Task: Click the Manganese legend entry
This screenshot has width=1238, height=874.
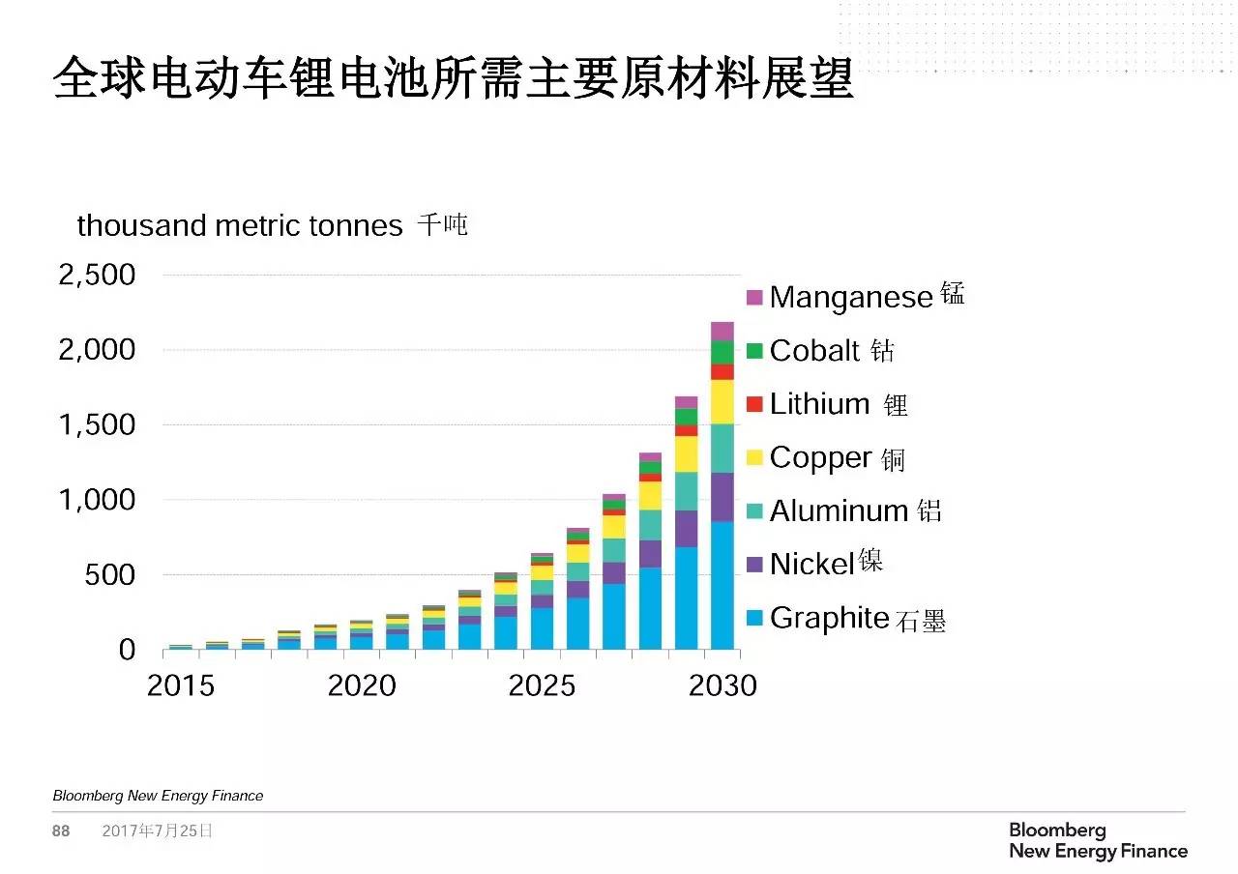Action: (x=851, y=296)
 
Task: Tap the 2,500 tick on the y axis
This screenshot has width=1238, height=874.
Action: (x=97, y=276)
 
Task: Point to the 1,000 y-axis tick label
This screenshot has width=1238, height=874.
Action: (x=97, y=500)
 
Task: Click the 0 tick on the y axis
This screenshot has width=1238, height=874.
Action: (x=127, y=650)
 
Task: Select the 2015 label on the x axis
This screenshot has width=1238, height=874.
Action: (x=180, y=685)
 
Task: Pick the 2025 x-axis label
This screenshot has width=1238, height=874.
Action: (x=542, y=685)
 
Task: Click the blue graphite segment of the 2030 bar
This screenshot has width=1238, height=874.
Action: (x=722, y=585)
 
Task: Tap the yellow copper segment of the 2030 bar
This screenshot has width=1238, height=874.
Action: (x=722, y=401)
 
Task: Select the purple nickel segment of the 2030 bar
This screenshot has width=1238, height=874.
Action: (x=722, y=497)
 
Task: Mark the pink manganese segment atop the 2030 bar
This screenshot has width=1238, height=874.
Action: (x=722, y=331)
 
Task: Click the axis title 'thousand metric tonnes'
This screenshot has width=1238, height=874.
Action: (x=240, y=225)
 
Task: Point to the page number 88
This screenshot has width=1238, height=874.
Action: (x=61, y=831)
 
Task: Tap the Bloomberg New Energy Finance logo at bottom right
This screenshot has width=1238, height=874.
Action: (x=1098, y=841)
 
